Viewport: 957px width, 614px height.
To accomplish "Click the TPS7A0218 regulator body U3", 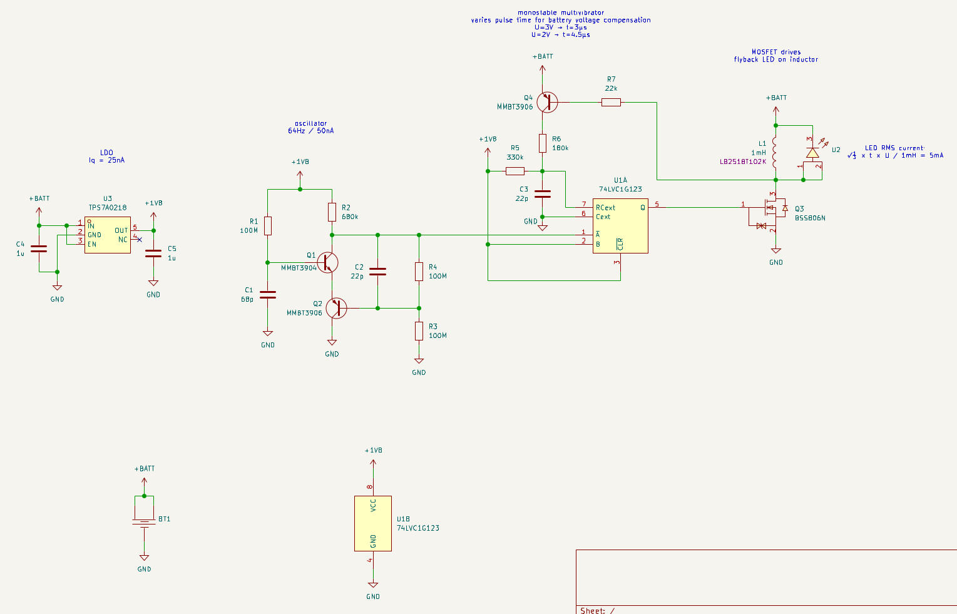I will pos(108,235).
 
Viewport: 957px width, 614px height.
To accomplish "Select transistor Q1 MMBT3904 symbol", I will pos(327,262).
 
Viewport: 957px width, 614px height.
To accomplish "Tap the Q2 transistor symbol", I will pos(336,308).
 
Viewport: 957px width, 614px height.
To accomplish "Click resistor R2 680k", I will pos(332,212).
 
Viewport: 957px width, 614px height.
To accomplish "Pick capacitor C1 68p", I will pos(268,294).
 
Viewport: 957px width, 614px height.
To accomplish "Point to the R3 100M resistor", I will pos(419,331).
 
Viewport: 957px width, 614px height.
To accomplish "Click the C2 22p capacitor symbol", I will pos(377,272).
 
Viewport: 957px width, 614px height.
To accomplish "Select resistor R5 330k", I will pos(515,171).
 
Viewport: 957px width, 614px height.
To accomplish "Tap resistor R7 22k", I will pos(611,102).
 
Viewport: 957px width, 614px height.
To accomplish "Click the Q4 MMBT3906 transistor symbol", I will pos(546,102).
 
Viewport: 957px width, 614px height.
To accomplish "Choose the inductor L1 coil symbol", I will pos(775,153).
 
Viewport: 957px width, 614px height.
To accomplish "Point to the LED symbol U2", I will pos(812,153).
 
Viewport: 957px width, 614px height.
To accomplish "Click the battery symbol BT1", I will pos(144,522).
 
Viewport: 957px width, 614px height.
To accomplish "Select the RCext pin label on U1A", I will pos(605,208).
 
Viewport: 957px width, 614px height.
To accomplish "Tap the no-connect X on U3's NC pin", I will pos(139,240).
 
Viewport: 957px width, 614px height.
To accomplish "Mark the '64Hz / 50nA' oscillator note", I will pos(310,131).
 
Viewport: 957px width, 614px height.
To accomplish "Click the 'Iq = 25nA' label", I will pos(106,160).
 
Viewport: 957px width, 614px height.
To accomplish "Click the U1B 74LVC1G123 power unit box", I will pos(373,523).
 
